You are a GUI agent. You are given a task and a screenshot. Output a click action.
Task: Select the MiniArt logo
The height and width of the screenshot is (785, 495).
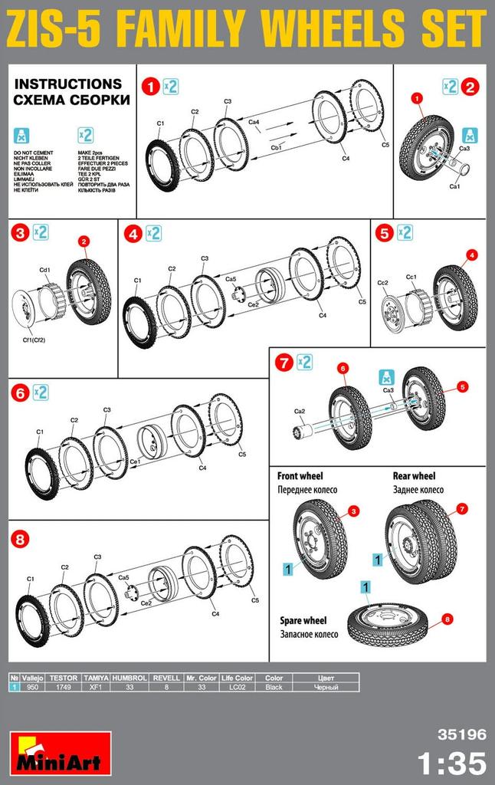click(x=61, y=752)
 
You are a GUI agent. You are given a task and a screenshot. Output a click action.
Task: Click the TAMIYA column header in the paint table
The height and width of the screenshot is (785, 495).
click(x=96, y=678)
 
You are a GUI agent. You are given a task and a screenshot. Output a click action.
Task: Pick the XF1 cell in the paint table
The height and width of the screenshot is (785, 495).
click(x=96, y=687)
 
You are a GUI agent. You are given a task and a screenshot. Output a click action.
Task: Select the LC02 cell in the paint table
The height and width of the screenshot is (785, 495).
click(x=237, y=687)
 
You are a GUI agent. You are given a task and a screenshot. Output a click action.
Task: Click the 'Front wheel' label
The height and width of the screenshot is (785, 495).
click(x=300, y=476)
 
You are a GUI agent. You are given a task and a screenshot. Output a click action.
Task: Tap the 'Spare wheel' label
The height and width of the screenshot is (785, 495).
click(x=303, y=620)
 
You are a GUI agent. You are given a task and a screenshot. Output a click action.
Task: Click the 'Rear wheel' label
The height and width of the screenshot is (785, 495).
click(x=414, y=476)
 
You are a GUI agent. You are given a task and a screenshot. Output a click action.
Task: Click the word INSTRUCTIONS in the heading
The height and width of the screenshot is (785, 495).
click(x=68, y=84)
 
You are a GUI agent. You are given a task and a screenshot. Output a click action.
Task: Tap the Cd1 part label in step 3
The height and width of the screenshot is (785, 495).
click(x=44, y=270)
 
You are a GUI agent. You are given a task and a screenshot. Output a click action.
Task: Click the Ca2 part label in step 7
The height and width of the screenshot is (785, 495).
click(x=300, y=411)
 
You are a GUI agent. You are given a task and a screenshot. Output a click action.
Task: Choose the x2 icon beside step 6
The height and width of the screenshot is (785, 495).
click(x=40, y=392)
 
